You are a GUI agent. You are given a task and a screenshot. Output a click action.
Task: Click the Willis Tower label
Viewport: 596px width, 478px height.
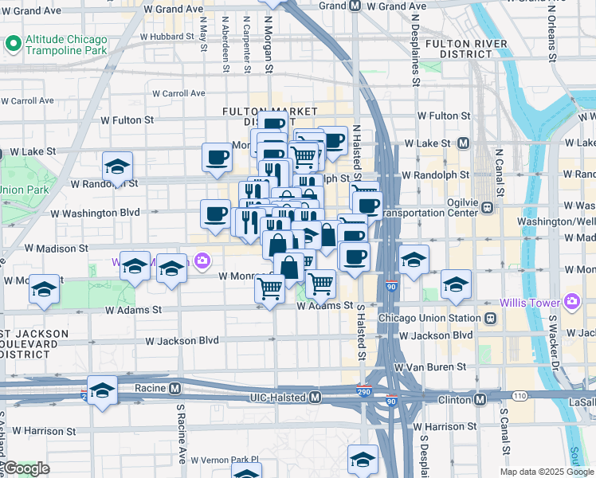(x=529, y=303)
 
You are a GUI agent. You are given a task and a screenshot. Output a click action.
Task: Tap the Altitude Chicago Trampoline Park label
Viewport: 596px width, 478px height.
(x=76, y=45)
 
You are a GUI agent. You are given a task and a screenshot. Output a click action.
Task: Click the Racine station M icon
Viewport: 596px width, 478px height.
(x=174, y=389)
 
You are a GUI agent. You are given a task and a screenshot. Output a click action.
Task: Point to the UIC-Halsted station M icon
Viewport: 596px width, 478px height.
(x=316, y=397)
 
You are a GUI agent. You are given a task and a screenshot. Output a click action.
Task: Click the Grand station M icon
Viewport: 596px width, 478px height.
(x=355, y=5)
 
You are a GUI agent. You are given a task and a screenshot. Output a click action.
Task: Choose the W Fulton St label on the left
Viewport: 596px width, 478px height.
(x=127, y=119)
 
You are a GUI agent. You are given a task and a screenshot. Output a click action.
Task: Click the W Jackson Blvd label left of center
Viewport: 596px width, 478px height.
(x=182, y=340)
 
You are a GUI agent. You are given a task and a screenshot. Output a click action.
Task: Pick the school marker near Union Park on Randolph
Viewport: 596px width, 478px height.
(x=117, y=167)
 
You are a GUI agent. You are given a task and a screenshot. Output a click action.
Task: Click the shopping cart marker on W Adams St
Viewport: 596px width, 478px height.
(x=270, y=288)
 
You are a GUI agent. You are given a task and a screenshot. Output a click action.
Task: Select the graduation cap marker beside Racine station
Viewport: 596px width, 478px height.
(x=102, y=391)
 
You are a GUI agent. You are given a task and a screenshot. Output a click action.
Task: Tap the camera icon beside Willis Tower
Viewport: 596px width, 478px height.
(x=571, y=301)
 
